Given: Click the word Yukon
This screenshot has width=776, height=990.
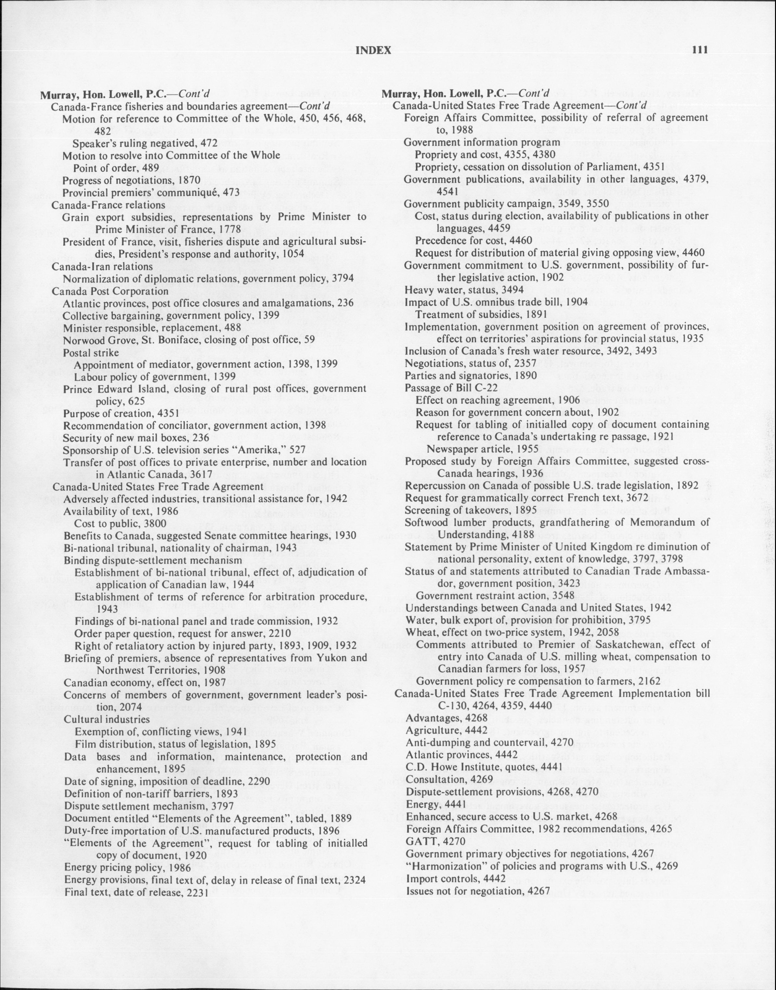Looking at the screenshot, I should pos(337,658).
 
